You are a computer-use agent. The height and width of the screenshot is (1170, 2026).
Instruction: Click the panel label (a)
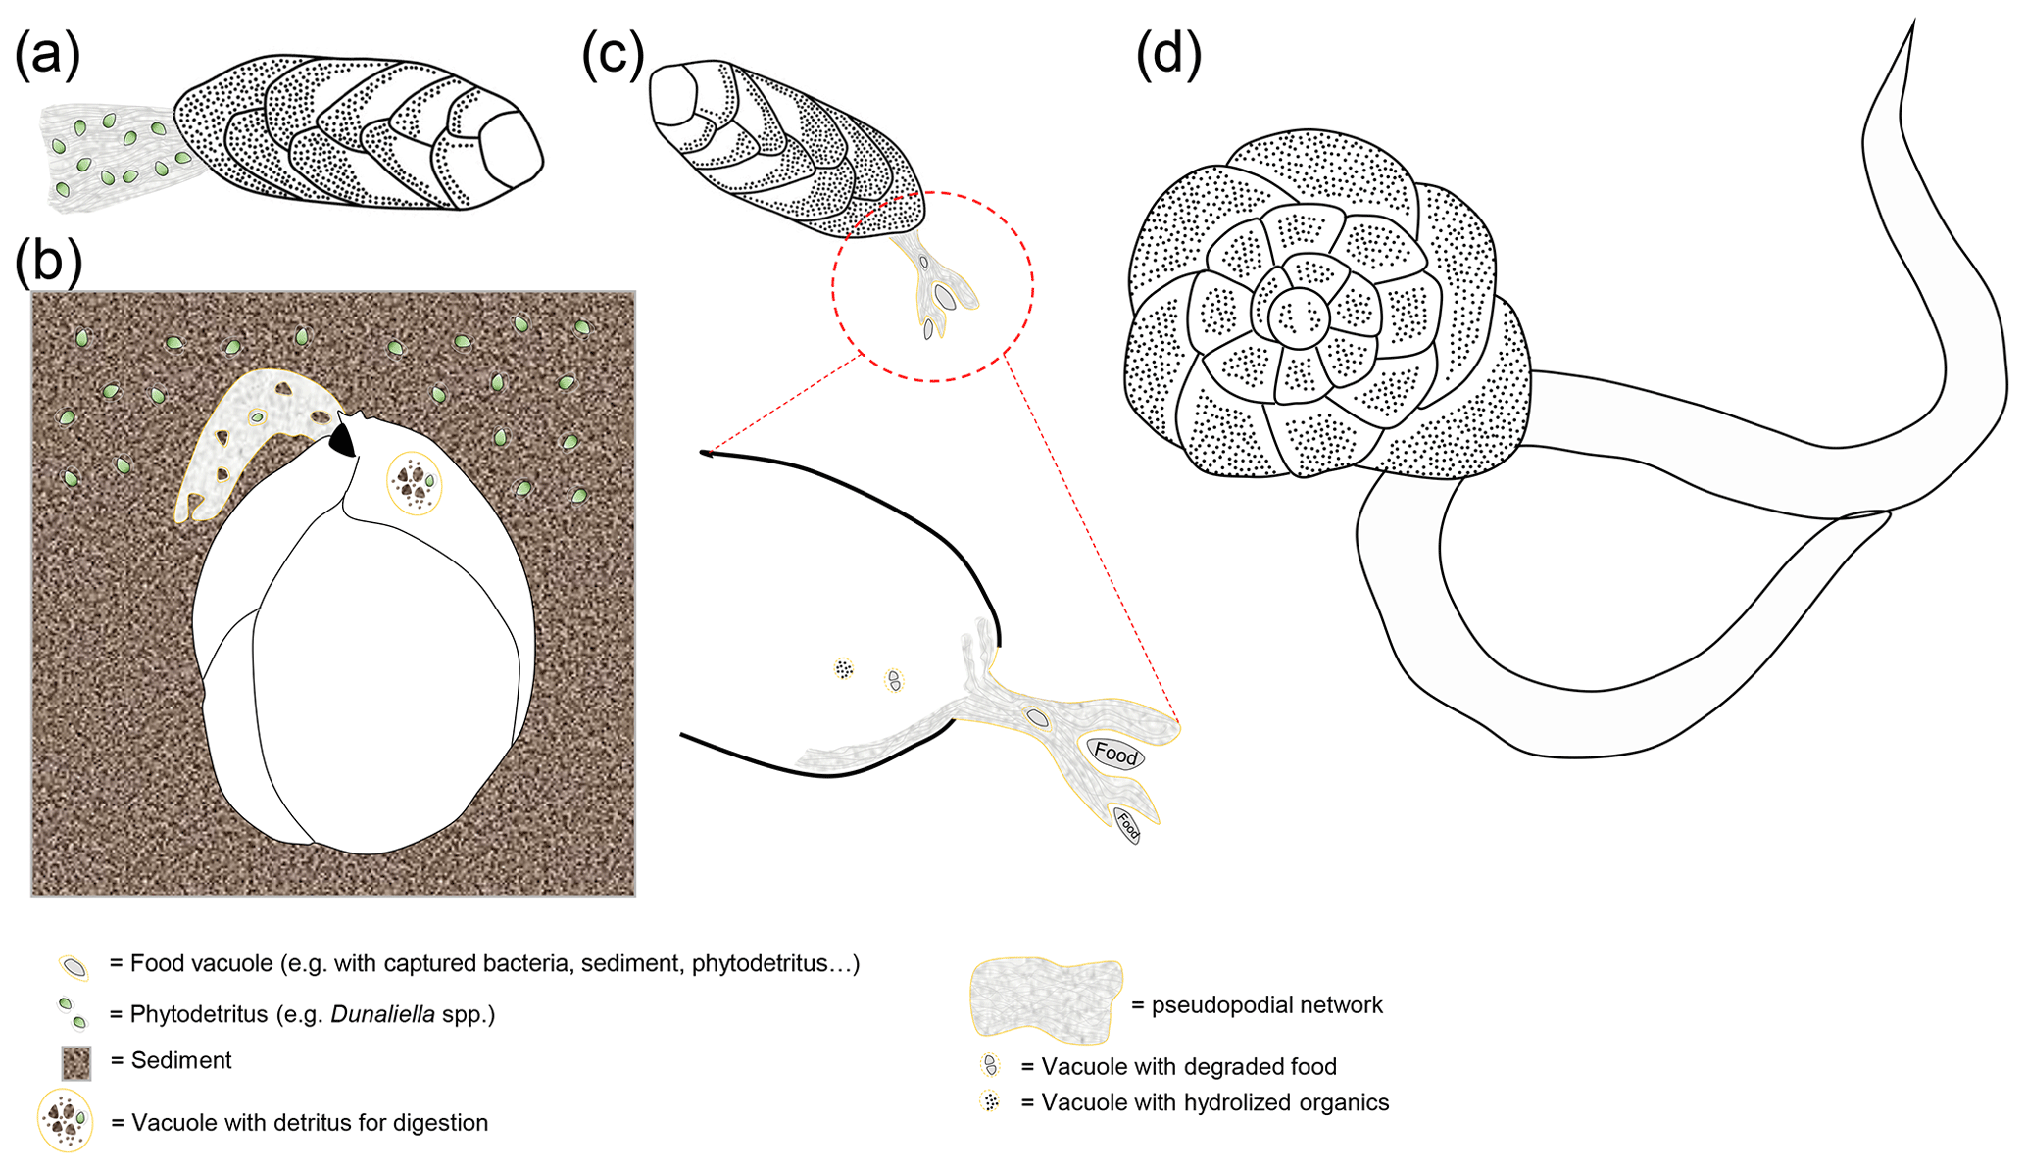click(x=46, y=53)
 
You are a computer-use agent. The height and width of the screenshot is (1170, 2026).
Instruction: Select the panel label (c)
click(x=613, y=53)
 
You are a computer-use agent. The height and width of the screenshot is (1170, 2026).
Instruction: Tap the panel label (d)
click(x=1168, y=53)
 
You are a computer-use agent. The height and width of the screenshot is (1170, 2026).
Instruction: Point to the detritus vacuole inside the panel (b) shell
click(x=414, y=482)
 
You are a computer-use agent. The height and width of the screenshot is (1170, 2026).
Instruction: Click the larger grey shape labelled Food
click(x=1115, y=753)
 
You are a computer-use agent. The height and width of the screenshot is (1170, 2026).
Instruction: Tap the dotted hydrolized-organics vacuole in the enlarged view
click(x=843, y=669)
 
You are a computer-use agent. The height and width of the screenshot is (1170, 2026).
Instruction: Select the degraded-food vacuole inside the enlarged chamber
click(x=893, y=680)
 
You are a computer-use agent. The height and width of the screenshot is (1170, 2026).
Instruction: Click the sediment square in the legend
click(x=76, y=1062)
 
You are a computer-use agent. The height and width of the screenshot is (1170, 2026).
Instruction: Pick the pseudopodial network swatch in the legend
click(x=1045, y=1000)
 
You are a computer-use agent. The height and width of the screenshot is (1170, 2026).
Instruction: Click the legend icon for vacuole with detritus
click(x=66, y=1121)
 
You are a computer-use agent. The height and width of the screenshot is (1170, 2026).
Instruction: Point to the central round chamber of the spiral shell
click(x=1299, y=317)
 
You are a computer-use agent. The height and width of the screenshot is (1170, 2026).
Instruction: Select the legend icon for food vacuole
click(x=74, y=967)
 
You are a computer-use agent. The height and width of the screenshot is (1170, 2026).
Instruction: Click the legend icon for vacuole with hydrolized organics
click(x=991, y=1101)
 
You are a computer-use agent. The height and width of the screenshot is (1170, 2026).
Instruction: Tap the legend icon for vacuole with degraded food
click(x=991, y=1065)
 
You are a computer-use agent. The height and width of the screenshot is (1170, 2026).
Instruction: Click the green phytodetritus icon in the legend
click(x=72, y=1013)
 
